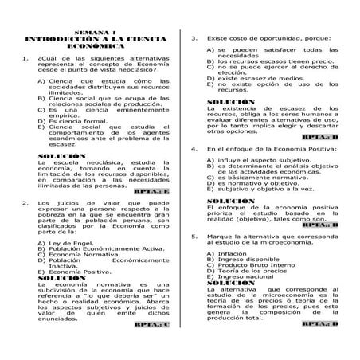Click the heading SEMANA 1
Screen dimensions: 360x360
[94, 30]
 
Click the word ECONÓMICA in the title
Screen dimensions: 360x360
[94, 46]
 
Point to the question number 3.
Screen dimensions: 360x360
[194, 37]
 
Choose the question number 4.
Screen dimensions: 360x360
[194, 149]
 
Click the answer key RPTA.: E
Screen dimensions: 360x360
[151, 192]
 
